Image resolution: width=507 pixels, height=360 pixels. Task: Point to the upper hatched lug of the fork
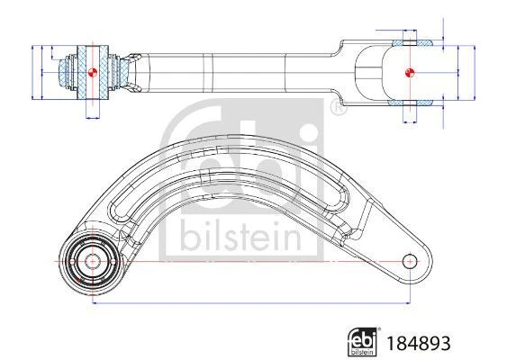click(412, 42)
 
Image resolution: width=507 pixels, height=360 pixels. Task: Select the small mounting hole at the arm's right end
click(410, 261)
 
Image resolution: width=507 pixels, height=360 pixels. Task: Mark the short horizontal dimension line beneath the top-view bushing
click(90, 117)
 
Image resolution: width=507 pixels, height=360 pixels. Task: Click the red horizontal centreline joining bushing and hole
click(252, 261)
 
